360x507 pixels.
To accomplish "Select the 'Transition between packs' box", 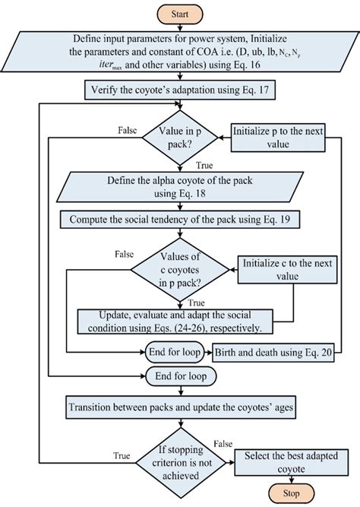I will click(180, 407).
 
